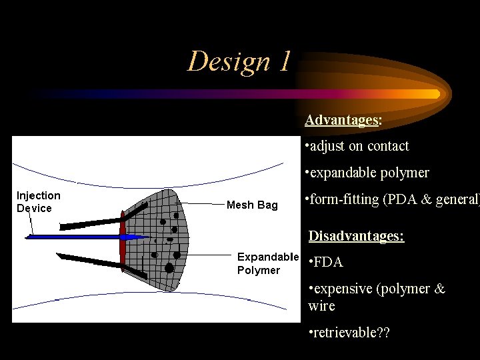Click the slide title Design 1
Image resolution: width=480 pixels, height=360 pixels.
click(x=239, y=61)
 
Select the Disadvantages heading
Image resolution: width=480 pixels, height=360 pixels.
click(x=356, y=236)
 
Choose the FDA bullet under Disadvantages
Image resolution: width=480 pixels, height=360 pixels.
click(x=327, y=262)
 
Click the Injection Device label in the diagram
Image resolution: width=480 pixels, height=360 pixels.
click(x=38, y=201)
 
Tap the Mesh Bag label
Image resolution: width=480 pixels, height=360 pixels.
click(x=252, y=205)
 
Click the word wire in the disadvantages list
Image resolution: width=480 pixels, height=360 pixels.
click(x=321, y=306)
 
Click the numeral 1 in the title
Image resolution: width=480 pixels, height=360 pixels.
click(x=285, y=61)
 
